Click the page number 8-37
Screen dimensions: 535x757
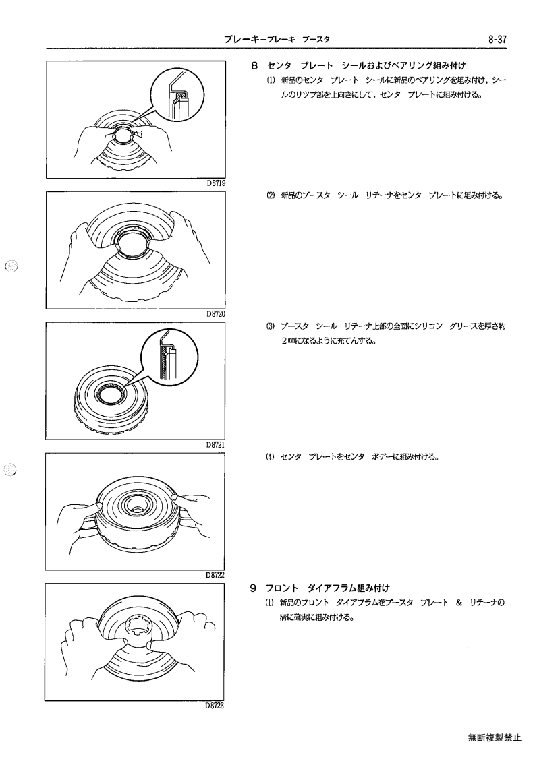(x=497, y=40)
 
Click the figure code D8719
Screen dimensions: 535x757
(x=215, y=183)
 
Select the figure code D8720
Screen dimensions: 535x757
(x=215, y=314)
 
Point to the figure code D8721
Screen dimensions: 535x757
(x=215, y=445)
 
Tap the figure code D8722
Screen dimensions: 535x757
(x=215, y=575)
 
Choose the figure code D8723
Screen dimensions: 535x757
(x=215, y=705)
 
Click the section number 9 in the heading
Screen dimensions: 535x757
(x=253, y=588)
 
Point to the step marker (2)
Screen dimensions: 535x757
(x=270, y=195)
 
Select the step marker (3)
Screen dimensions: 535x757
(x=270, y=326)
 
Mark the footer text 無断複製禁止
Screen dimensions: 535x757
(x=495, y=737)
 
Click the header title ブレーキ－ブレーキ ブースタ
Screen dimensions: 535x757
(x=277, y=40)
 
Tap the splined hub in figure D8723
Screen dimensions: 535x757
(x=138, y=628)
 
